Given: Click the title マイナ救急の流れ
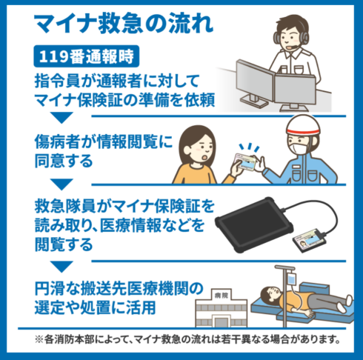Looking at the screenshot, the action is [x=124, y=24].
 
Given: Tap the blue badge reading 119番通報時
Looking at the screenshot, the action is [x=87, y=56].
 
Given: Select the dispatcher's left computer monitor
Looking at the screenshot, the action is [x=254, y=81].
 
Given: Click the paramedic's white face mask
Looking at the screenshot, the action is [x=299, y=149].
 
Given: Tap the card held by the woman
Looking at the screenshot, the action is [x=246, y=161].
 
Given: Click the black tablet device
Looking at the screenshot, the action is [x=254, y=224].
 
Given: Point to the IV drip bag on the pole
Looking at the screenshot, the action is [x=292, y=279].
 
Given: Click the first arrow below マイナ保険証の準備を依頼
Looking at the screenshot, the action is [x=61, y=118].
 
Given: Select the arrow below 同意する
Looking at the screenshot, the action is [x=61, y=184].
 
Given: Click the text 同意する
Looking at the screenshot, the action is [x=64, y=161].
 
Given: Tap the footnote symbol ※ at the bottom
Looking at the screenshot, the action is [x=39, y=340].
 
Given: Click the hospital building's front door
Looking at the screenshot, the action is [x=221, y=322].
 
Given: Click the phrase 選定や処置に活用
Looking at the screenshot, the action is [x=95, y=307].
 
